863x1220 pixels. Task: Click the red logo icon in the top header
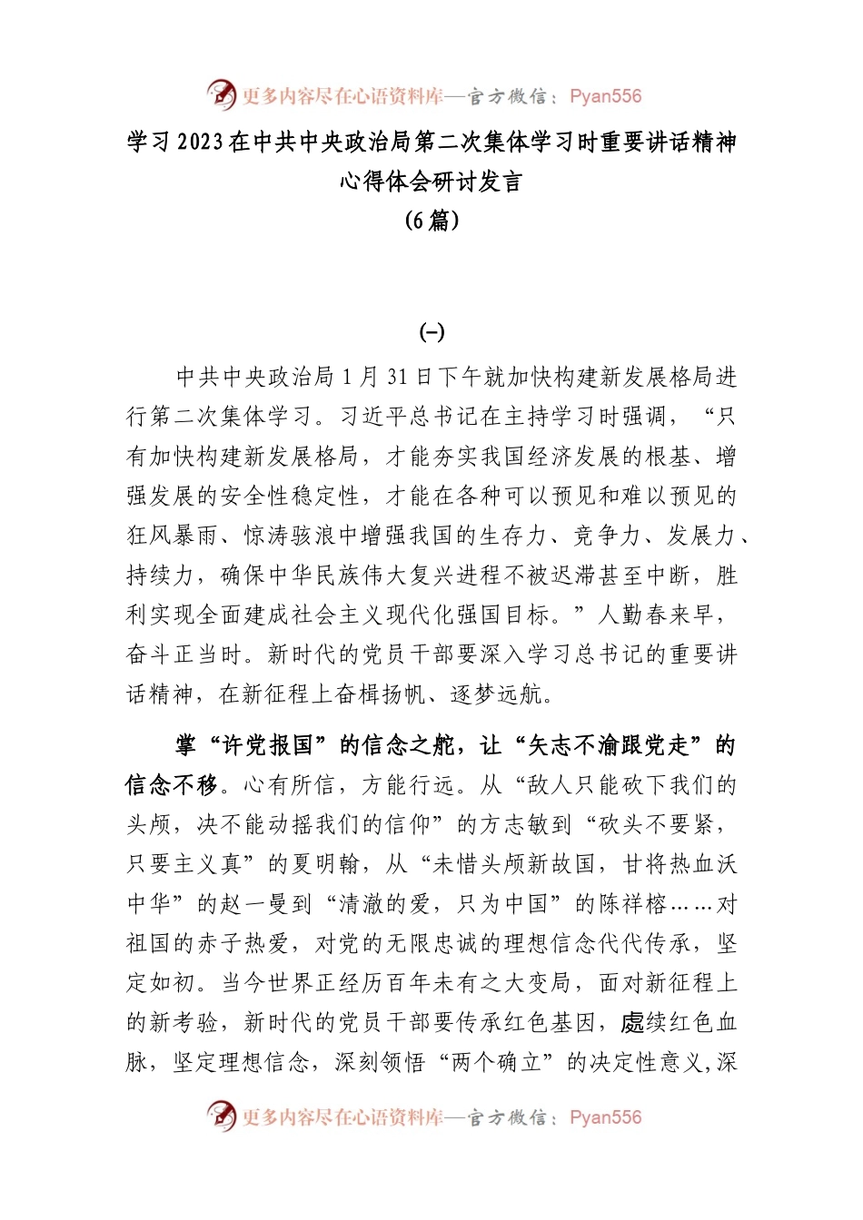pyautogui.click(x=221, y=94)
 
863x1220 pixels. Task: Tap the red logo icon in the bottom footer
pyautogui.click(x=221, y=1116)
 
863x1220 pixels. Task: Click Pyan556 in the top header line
pyautogui.click(x=605, y=96)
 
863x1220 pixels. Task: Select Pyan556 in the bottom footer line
pyautogui.click(x=605, y=1117)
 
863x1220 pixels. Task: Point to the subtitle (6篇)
pyautogui.click(x=431, y=221)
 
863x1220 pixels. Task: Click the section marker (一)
pyautogui.click(x=431, y=333)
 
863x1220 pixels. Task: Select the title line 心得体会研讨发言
pyautogui.click(x=431, y=182)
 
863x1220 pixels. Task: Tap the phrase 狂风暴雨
pyautogui.click(x=173, y=536)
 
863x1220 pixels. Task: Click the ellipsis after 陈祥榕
pyautogui.click(x=690, y=904)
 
